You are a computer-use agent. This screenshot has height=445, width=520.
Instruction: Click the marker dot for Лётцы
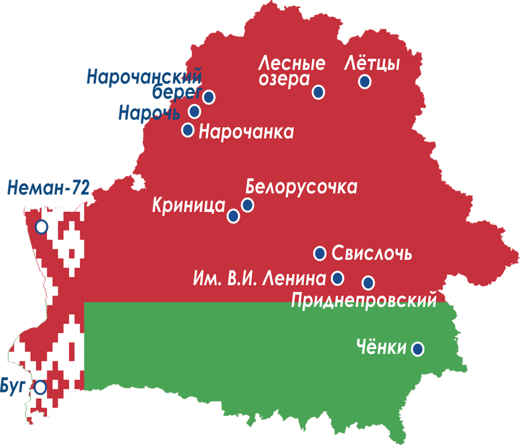[x=365, y=82]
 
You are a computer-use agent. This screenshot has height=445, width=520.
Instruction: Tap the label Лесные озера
[x=291, y=71]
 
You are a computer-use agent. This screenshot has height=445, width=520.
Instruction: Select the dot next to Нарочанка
[x=188, y=130]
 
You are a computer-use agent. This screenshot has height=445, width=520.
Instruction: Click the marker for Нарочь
[x=195, y=112]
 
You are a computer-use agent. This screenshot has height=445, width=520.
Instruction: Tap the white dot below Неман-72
[x=41, y=226]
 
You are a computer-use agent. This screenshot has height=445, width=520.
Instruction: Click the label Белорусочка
[x=301, y=187]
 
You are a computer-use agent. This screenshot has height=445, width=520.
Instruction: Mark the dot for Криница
[x=234, y=216]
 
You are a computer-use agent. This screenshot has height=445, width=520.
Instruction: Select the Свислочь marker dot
[x=320, y=253]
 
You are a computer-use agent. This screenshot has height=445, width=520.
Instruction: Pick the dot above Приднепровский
[x=368, y=282]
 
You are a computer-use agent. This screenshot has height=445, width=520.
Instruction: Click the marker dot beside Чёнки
[x=417, y=348]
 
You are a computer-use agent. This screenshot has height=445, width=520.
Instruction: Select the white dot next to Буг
[x=40, y=387]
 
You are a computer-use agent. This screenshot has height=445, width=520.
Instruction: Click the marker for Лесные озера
[x=318, y=92]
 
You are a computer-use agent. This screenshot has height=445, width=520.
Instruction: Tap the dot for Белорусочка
[x=247, y=205]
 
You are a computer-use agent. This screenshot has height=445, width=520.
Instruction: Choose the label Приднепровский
[x=364, y=301]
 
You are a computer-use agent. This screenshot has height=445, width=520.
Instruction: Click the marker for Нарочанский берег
[x=208, y=97]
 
